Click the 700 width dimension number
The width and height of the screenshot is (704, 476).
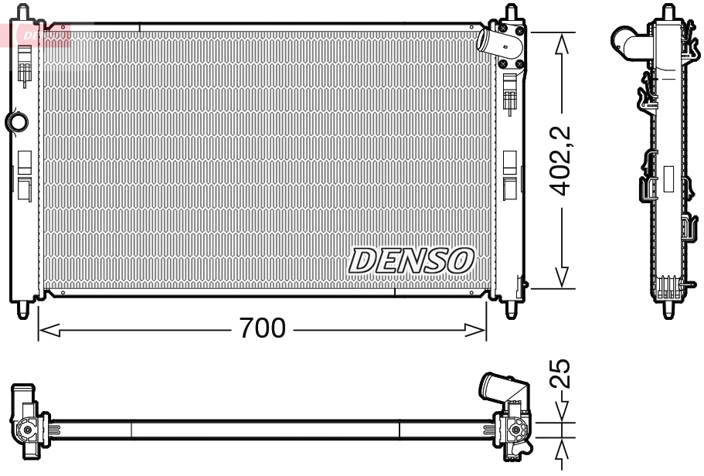[x=262, y=329]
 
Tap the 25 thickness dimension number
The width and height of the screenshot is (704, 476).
[x=563, y=373]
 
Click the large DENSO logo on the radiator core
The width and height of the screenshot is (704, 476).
[x=411, y=261]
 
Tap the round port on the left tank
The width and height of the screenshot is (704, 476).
[x=17, y=121]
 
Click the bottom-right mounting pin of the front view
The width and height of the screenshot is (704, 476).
[x=512, y=310]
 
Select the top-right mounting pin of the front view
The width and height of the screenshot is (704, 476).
[x=512, y=13]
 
